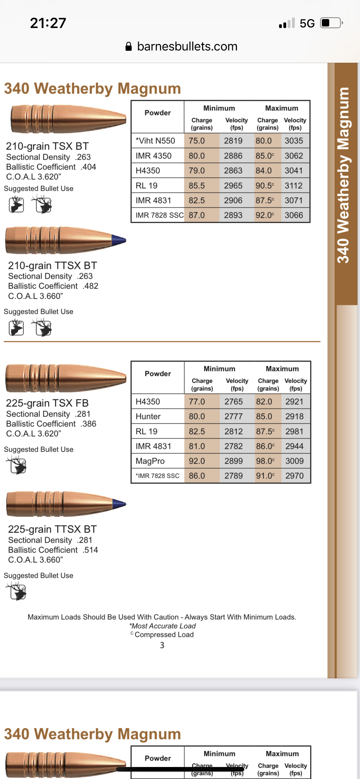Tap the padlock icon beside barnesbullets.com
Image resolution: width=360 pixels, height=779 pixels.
(x=129, y=46)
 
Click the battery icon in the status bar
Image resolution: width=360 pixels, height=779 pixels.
(x=331, y=23)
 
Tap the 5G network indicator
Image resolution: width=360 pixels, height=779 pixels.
(x=307, y=23)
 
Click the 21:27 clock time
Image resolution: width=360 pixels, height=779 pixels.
(x=48, y=23)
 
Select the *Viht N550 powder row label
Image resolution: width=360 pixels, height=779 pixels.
(x=155, y=141)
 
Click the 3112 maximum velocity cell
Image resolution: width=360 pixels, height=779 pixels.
(x=294, y=186)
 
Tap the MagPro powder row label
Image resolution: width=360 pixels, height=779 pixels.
(x=150, y=461)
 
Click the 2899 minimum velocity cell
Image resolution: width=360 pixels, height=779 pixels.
(x=234, y=461)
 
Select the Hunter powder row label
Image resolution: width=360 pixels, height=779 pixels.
(x=148, y=416)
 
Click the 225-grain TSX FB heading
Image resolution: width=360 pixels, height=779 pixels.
(x=47, y=403)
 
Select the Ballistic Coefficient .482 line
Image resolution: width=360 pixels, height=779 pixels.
(x=53, y=286)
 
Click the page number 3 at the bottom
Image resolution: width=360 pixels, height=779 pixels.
(x=162, y=645)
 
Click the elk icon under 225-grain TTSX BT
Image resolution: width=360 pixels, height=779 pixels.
(x=17, y=591)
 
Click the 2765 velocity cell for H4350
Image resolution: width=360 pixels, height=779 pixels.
(x=234, y=401)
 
